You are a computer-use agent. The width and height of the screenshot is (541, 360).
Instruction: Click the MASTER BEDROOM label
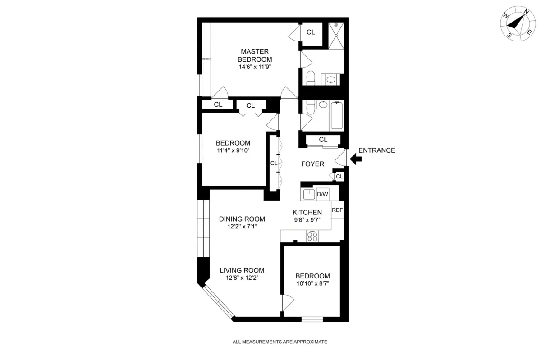[256, 55]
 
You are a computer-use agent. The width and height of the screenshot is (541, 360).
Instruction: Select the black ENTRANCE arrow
[355, 159]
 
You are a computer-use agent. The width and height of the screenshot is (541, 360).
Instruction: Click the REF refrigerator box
[337, 210]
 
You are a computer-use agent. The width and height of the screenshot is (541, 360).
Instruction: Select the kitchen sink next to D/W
[308, 195]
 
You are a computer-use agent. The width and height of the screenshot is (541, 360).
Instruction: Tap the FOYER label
[312, 164]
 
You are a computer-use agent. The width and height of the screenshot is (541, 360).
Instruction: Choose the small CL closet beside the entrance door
[339, 177]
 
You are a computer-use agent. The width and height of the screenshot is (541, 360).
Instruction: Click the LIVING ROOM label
[242, 270]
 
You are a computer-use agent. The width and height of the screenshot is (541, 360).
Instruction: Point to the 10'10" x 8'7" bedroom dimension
[312, 284]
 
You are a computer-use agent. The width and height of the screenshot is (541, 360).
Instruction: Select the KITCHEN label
[307, 213]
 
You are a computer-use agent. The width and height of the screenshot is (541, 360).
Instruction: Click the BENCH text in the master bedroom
[206, 59]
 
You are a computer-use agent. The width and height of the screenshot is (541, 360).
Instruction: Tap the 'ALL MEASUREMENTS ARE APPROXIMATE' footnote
[280, 342]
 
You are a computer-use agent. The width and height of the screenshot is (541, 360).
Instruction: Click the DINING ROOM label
[242, 219]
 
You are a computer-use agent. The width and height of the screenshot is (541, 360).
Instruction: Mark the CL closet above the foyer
[323, 140]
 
